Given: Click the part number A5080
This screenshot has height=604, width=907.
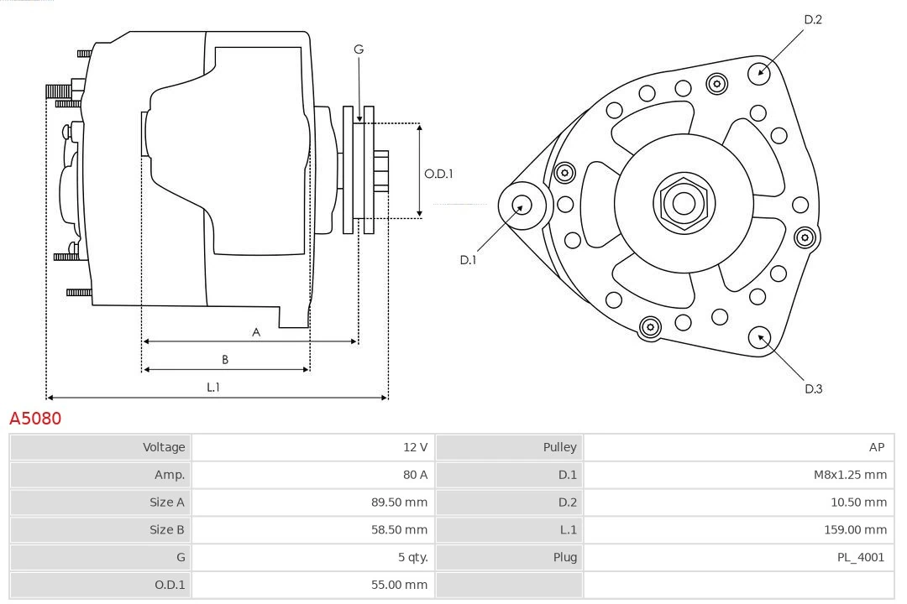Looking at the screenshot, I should (x=35, y=418).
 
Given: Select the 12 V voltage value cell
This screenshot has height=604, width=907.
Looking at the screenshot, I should (x=415, y=447).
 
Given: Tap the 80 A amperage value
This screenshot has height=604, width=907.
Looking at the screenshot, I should (x=415, y=475).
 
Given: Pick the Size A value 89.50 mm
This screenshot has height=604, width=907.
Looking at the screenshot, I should (x=399, y=502).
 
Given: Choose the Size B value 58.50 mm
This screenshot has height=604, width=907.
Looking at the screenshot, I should (x=399, y=529).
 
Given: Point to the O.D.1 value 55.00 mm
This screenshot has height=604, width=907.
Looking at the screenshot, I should (x=399, y=585).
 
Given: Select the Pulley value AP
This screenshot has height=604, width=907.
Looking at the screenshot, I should (x=876, y=447).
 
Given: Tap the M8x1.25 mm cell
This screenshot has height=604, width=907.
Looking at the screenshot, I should (x=849, y=475).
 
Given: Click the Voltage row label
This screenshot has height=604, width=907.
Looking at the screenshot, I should (x=163, y=447).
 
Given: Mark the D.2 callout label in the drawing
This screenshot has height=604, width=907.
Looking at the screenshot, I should (x=812, y=19).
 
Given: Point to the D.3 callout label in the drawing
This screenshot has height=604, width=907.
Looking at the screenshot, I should (x=812, y=388).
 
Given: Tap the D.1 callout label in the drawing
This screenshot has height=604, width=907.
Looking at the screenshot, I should (x=468, y=260).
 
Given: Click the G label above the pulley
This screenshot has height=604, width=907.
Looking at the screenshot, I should (x=359, y=49).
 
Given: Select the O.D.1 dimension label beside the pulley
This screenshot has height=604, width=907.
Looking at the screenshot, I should (x=438, y=174).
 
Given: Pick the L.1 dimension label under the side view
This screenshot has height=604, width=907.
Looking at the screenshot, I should (x=213, y=387).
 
